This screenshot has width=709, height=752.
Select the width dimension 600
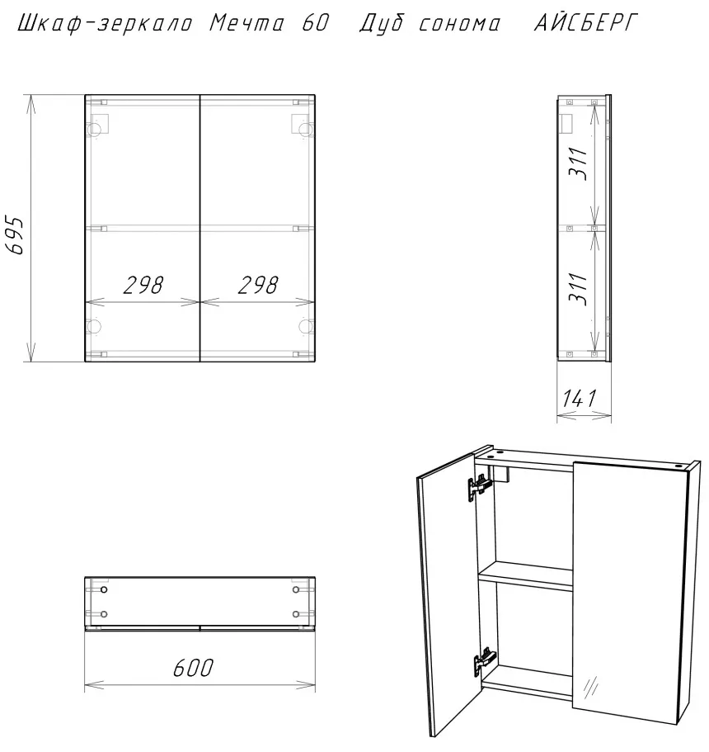(193, 668)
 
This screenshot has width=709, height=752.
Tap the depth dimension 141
(580, 398)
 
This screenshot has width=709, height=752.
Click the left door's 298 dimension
(143, 285)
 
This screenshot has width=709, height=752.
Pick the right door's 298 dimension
(258, 285)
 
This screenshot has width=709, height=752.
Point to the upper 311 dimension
(578, 163)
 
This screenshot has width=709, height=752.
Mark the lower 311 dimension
(578, 289)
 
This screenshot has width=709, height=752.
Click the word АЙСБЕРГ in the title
(586, 22)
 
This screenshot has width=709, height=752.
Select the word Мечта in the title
(247, 22)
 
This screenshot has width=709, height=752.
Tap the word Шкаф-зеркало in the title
(105, 23)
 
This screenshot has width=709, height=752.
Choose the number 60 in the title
(315, 22)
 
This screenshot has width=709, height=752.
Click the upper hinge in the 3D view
(480, 487)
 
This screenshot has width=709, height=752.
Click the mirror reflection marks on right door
(590, 686)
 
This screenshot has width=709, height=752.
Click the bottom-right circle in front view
(305, 326)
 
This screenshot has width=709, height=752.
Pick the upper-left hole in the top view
(104, 589)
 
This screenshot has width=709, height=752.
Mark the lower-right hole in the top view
(296, 614)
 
